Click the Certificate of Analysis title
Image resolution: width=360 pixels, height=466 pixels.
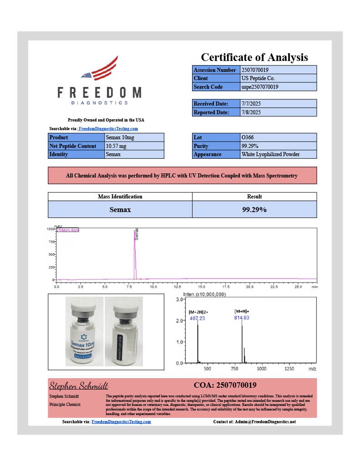pos(254,57)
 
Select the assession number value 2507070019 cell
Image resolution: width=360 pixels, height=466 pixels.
pos(278,70)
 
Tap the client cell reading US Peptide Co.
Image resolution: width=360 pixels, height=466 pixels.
pos(278,78)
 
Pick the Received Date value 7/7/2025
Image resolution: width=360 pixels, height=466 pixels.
pos(278,104)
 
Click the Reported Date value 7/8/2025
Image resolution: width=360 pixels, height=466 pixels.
pos(278,112)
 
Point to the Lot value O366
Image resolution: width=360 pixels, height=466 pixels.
pos(278,137)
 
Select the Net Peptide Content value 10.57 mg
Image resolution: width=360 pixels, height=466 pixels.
pos(134,146)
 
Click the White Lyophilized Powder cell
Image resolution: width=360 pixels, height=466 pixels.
pos(278,154)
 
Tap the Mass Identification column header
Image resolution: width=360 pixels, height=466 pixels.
pos(120,197)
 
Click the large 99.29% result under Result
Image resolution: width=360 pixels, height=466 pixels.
pos(254,210)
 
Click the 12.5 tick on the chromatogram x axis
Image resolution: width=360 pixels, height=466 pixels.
pos(177,288)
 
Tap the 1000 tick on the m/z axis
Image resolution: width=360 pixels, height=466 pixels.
pos(262,369)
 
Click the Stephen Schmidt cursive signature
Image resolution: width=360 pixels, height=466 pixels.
pos(78,386)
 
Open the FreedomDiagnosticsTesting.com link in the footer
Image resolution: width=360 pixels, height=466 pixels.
pos(121,422)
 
